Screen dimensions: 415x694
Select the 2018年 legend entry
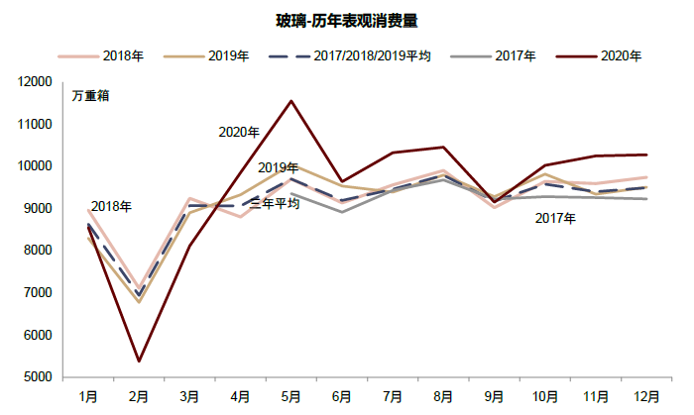tap(124, 56)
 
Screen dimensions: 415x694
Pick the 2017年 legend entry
tap(517, 56)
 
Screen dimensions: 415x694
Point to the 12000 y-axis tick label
tap(49, 82)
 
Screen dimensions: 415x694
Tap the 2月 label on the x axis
tap(139, 396)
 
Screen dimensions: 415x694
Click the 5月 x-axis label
tap(290, 396)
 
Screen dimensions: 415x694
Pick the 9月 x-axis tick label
tap(493, 396)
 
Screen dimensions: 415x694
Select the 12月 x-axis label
tap(644, 396)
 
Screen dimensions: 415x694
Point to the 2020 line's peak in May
tap(290, 101)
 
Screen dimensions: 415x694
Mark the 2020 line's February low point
tap(139, 361)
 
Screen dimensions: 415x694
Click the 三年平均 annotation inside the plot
tap(275, 203)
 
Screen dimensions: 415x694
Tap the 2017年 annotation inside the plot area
tap(555, 218)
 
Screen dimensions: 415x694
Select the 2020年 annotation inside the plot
tap(239, 132)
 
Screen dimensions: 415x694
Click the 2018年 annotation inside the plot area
tap(111, 206)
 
